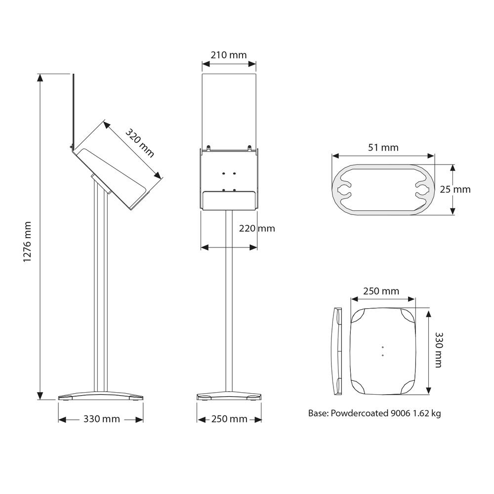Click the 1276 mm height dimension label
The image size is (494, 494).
point(27,242)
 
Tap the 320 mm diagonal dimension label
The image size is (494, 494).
point(140,143)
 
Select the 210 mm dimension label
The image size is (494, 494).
point(229,55)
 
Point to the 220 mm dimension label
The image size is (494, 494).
point(257,228)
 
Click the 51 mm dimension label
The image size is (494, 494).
point(383,147)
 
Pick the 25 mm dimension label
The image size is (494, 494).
point(455,189)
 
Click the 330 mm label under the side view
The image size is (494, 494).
point(101,419)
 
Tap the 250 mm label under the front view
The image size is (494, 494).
point(229,419)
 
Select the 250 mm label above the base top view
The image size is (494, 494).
point(381,291)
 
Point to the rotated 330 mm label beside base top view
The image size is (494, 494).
point(439,350)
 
